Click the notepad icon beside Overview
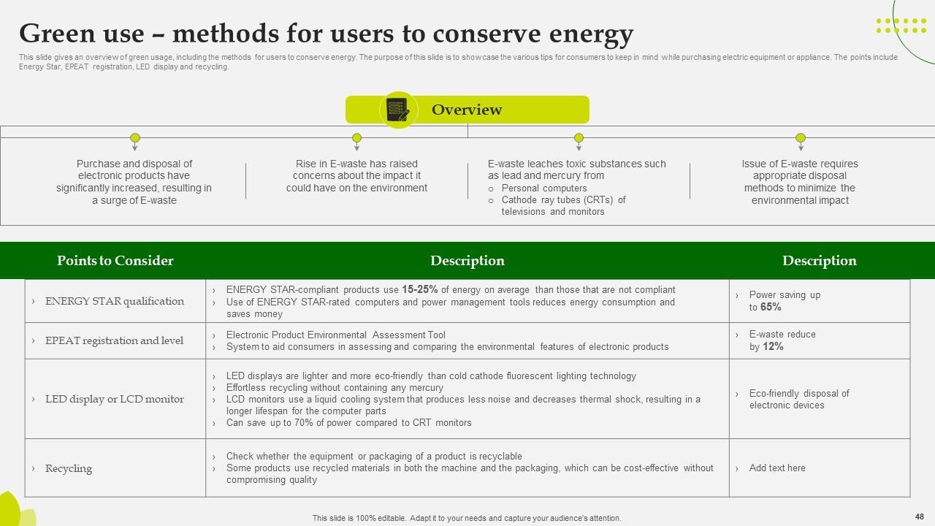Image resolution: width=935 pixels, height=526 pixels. coord(398,110)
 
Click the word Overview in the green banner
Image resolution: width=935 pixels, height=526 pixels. coord(467,110)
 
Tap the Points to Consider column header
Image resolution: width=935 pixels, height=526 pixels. coord(115,261)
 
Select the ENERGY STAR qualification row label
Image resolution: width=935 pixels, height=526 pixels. coord(114,301)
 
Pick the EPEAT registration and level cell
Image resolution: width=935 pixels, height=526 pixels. coord(114,340)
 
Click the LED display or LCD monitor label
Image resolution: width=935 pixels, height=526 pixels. coord(114,399)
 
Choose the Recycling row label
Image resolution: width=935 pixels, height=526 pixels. coord(69,468)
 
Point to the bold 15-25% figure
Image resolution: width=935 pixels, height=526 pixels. coord(419,290)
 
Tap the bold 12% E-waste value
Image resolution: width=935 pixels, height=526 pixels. coord(773,347)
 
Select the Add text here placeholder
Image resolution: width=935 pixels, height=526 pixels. coord(777,468)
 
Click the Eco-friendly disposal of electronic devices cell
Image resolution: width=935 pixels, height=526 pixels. coord(799,399)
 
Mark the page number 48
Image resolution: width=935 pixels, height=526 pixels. coord(919,517)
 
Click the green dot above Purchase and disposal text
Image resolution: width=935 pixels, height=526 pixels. coord(135,137)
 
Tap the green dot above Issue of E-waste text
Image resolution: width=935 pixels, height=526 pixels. coord(801,137)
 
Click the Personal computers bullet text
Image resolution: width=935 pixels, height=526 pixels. coord(544,188)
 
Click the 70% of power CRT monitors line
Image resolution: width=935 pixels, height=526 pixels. coord(348,423)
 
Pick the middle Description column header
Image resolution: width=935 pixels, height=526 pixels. coord(467,261)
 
